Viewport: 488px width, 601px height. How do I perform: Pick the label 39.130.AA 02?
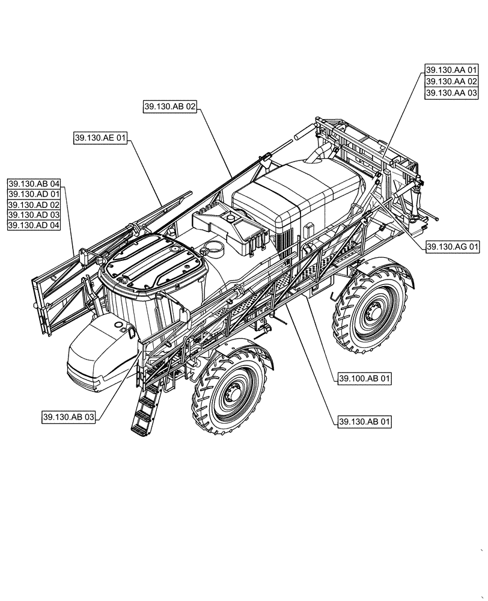452,82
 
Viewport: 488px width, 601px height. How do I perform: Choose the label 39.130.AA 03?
452,93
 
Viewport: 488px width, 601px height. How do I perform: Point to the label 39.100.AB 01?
364,379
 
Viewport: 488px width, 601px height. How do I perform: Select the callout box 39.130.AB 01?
364,422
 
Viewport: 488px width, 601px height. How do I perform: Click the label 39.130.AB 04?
34,183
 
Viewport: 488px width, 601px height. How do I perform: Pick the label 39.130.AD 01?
34,194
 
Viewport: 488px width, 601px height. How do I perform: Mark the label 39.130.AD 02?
34,204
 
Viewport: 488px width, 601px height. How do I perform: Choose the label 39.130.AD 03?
34,215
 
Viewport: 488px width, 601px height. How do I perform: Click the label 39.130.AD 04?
34,225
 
